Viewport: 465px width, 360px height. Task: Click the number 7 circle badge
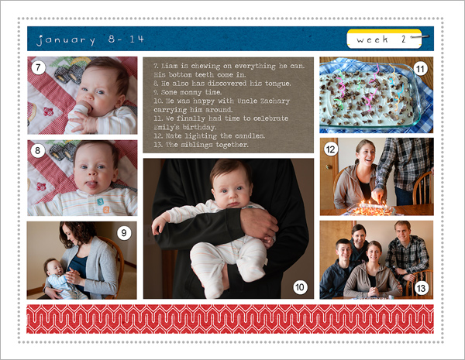tap(38, 68)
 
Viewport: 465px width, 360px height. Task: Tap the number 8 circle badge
tap(38, 151)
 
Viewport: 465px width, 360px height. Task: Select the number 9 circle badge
tap(124, 233)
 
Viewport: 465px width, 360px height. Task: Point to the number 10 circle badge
tap(300, 287)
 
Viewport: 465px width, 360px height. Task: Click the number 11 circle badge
tap(420, 70)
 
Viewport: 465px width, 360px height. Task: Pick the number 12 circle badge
tap(331, 149)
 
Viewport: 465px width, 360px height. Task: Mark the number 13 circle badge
tap(421, 288)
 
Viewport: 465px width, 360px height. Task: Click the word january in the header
tap(66, 39)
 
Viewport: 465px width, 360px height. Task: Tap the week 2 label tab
tap(384, 39)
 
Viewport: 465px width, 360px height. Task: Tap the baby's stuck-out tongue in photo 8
tap(91, 184)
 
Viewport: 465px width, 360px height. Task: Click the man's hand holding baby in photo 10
tap(259, 225)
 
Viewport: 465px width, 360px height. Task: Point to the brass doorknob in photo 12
tap(329, 167)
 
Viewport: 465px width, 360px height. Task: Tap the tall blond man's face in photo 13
tap(403, 231)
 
